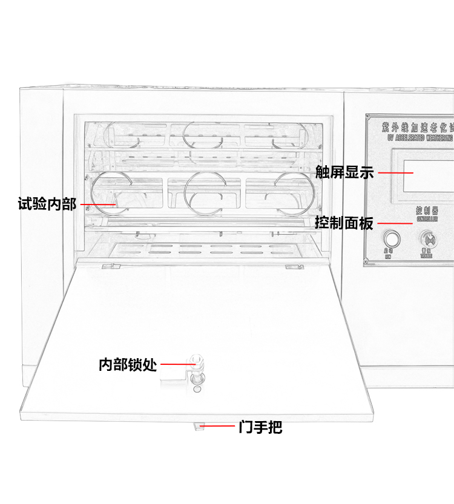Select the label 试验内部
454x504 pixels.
(x=47, y=204)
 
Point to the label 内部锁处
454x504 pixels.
(x=128, y=365)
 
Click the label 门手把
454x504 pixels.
(x=260, y=427)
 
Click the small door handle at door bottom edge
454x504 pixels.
(x=197, y=427)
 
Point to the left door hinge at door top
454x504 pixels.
(x=109, y=266)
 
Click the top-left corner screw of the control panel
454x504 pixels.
(x=368, y=117)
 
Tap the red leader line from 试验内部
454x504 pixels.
(x=97, y=205)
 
